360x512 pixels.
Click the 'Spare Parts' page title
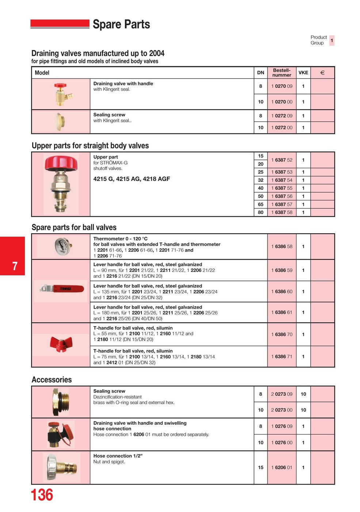coord(121,25)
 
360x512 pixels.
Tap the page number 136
coord(42,495)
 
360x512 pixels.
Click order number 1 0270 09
coord(281,86)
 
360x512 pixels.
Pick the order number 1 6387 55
coord(281,188)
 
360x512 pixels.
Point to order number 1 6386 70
coord(281,334)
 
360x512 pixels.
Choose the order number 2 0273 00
coord(281,410)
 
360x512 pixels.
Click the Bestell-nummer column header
coord(281,72)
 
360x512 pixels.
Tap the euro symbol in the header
coord(322,73)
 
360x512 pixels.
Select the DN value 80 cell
coord(261,212)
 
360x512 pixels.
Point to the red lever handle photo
coord(62,289)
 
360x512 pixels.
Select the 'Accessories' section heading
coord(52,380)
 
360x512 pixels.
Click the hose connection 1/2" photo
coord(61,467)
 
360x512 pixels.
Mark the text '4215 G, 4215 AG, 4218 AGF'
coord(132,179)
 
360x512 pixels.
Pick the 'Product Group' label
coord(318,40)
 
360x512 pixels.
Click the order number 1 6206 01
coord(281,467)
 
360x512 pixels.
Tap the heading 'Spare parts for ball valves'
coord(74,227)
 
